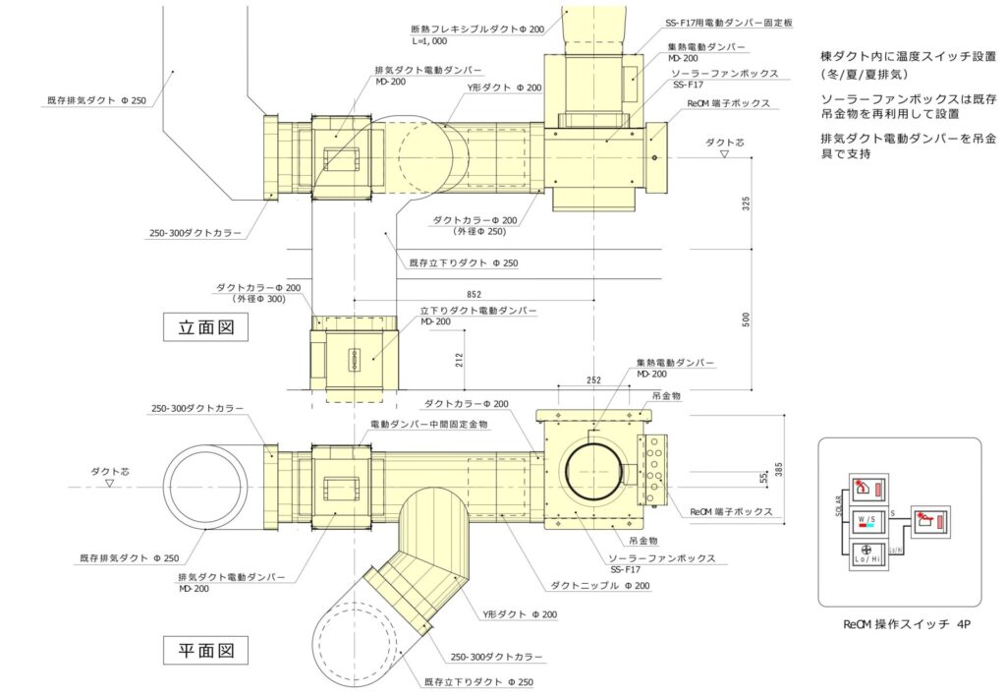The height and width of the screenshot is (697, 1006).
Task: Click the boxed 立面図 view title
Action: pyautogui.click(x=205, y=327)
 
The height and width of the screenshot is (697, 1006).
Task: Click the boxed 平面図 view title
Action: pyautogui.click(x=205, y=650)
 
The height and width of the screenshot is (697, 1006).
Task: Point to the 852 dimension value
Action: pyautogui.click(x=474, y=295)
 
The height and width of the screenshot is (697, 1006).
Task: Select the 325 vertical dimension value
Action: pyautogui.click(x=746, y=203)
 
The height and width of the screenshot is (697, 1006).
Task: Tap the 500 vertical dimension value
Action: pyautogui.click(x=746, y=319)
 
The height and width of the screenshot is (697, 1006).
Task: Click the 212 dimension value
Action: pyautogui.click(x=458, y=360)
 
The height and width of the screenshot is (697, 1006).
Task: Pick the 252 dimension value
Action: pyautogui.click(x=593, y=379)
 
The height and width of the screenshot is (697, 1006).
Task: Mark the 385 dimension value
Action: pyautogui.click(x=779, y=469)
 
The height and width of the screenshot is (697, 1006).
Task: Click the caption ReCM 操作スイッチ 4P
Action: pyautogui.click(x=907, y=624)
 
